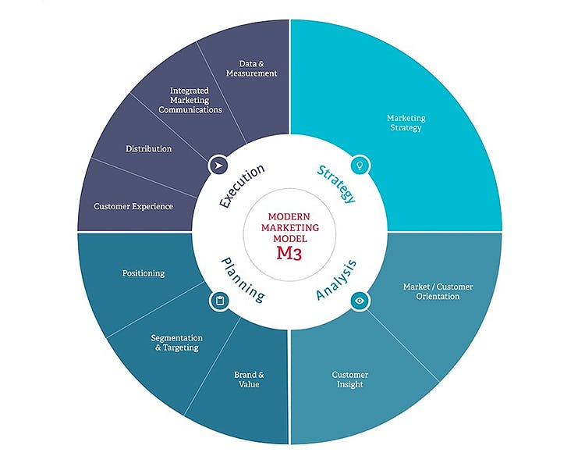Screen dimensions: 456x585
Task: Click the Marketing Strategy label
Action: (406, 123)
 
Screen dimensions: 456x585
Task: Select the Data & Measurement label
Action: (252, 68)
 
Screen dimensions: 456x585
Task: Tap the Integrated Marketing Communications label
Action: (190, 101)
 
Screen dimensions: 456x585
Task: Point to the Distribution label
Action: (149, 148)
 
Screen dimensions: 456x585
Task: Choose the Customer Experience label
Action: (133, 207)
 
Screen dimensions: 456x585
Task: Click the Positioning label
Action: (144, 273)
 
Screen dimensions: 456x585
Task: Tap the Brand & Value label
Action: (250, 379)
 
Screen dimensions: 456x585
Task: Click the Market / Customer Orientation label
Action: (438, 291)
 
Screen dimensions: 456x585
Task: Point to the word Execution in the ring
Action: (242, 186)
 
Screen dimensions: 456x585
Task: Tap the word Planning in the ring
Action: (242, 280)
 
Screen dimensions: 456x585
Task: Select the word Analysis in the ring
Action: (337, 281)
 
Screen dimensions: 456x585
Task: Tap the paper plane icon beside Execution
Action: (218, 166)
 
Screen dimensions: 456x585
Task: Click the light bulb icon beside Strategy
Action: (360, 165)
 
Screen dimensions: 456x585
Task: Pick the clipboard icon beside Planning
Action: (218, 300)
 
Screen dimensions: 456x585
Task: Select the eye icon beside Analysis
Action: (360, 300)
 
